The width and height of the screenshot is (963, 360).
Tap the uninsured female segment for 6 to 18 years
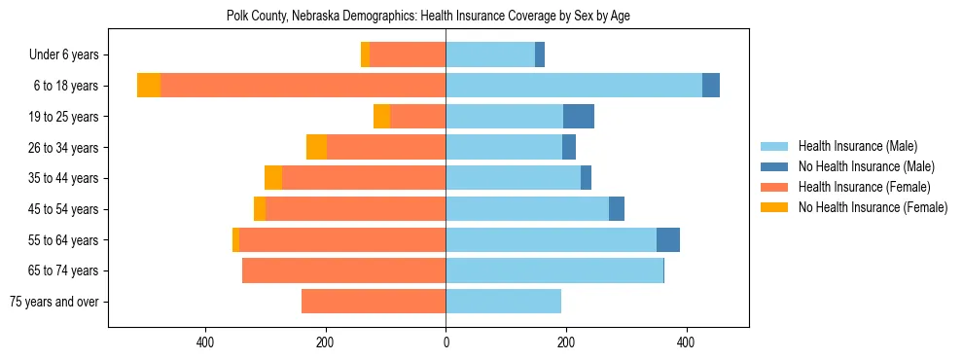pyautogui.click(x=149, y=86)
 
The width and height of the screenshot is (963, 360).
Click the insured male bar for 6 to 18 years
pyautogui.click(x=574, y=86)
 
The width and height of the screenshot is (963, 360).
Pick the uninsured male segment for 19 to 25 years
pyautogui.click(x=579, y=117)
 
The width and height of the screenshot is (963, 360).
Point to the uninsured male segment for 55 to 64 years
pyautogui.click(x=668, y=240)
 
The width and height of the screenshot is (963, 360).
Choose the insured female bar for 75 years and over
pyautogui.click(x=339, y=302)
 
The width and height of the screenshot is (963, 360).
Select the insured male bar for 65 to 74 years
pyautogui.click(x=554, y=270)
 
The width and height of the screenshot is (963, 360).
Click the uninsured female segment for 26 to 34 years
pyautogui.click(x=316, y=147)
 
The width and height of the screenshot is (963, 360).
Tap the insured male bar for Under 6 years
pyautogui.click(x=490, y=54)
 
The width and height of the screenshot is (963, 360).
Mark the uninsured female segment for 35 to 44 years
pyautogui.click(x=273, y=178)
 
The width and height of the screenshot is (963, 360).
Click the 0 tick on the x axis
pyautogui.click(x=446, y=342)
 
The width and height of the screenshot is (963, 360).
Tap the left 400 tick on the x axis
pyautogui.click(x=205, y=342)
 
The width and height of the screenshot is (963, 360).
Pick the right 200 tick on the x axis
pyautogui.click(x=566, y=342)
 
